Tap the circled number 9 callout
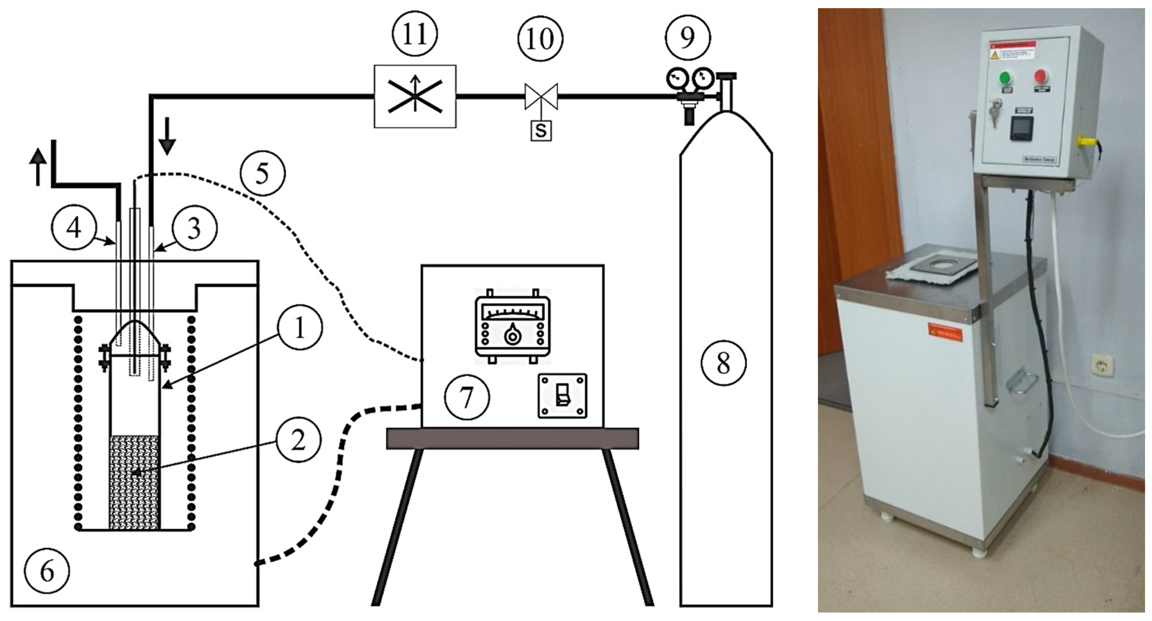coord(687,37)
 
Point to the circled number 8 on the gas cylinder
coord(723,363)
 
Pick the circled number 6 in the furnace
coord(47,571)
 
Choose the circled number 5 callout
coord(262,173)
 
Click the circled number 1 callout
coord(300,328)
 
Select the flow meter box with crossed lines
coord(415,96)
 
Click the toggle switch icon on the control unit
coord(562,396)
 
